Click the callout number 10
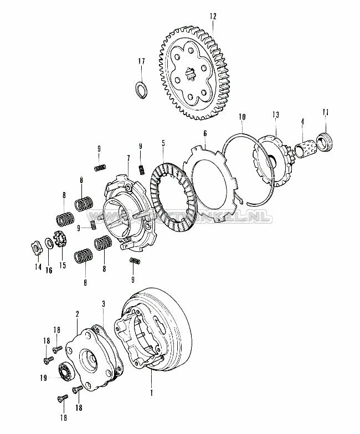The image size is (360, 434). pyautogui.click(x=241, y=117)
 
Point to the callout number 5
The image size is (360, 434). pyautogui.click(x=163, y=143)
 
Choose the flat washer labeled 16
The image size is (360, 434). pyautogui.click(x=50, y=244)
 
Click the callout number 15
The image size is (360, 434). pyautogui.click(x=63, y=266)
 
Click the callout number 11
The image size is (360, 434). pyautogui.click(x=326, y=113)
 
